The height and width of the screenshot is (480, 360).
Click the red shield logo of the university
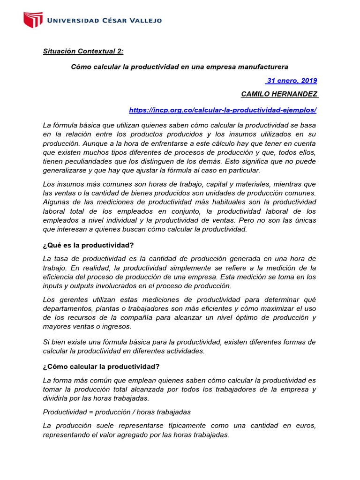pos(33,20)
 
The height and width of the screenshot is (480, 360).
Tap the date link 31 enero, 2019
pos(291,81)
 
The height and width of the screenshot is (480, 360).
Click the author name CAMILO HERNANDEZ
pos(279,94)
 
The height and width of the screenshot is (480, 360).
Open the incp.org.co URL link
pos(223,110)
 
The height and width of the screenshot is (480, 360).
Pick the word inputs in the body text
pos(52,286)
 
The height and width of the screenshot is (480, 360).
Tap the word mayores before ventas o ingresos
pos(56,326)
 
